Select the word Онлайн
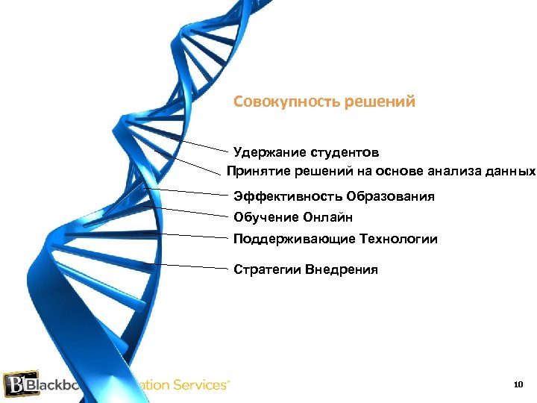[327, 218]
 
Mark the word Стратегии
[266, 269]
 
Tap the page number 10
[519, 385]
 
